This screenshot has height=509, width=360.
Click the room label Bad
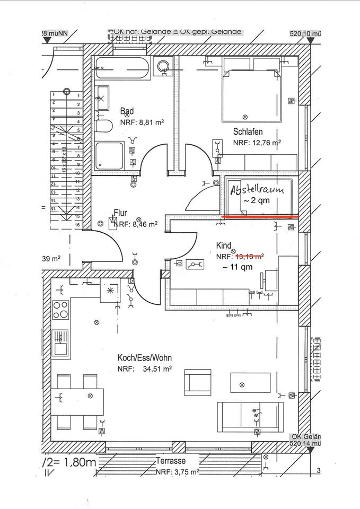[x=127, y=111]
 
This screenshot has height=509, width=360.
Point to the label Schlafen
[x=247, y=131]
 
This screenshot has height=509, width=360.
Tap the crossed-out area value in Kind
[x=249, y=256]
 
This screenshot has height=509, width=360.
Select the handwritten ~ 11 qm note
[x=238, y=267]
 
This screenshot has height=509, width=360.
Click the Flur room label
[x=120, y=213]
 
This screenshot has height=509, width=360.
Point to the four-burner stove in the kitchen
[x=61, y=309]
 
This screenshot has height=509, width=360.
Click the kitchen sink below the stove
[x=60, y=342]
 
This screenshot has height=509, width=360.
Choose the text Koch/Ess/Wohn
[x=144, y=358]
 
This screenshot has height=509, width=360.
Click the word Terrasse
[x=171, y=461]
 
